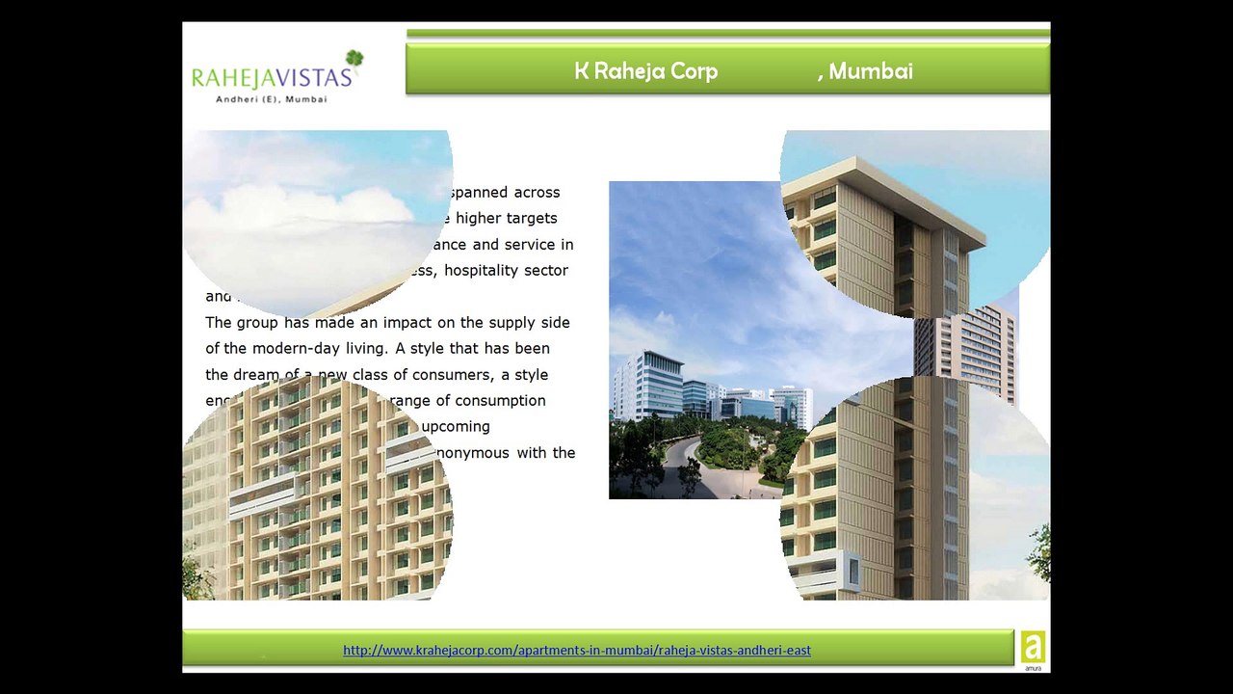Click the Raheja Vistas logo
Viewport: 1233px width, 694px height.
coord(273,76)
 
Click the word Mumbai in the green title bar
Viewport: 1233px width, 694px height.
coord(871,70)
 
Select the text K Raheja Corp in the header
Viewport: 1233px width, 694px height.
coord(645,70)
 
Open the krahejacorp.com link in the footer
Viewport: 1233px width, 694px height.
coord(576,650)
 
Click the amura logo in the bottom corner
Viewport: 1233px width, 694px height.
coord(1033,649)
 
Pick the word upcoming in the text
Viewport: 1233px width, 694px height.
coord(456,426)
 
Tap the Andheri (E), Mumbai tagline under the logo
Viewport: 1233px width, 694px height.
coord(272,99)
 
